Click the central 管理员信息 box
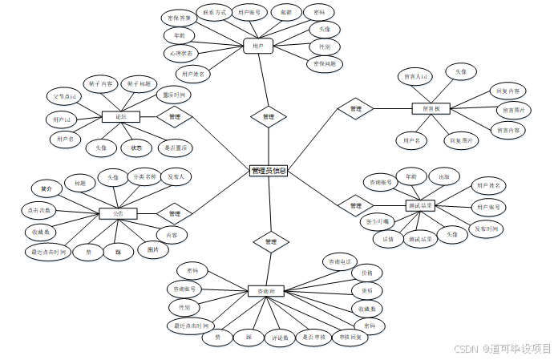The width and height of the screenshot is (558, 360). tap(268, 171)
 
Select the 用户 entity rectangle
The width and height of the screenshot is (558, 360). tap(258, 47)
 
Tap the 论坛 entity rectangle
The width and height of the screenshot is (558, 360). tap(121, 117)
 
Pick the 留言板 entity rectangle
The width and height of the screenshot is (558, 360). tap(431, 108)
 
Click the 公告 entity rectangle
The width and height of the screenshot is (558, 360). tap(118, 214)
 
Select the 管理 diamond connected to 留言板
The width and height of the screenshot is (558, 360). tap(355, 108)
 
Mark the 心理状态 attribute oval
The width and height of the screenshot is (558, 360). tap(181, 54)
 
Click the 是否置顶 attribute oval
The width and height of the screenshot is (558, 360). tap(175, 148)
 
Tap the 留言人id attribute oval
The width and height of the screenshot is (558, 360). tap(417, 77)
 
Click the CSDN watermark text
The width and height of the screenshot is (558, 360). tap(466, 349)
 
